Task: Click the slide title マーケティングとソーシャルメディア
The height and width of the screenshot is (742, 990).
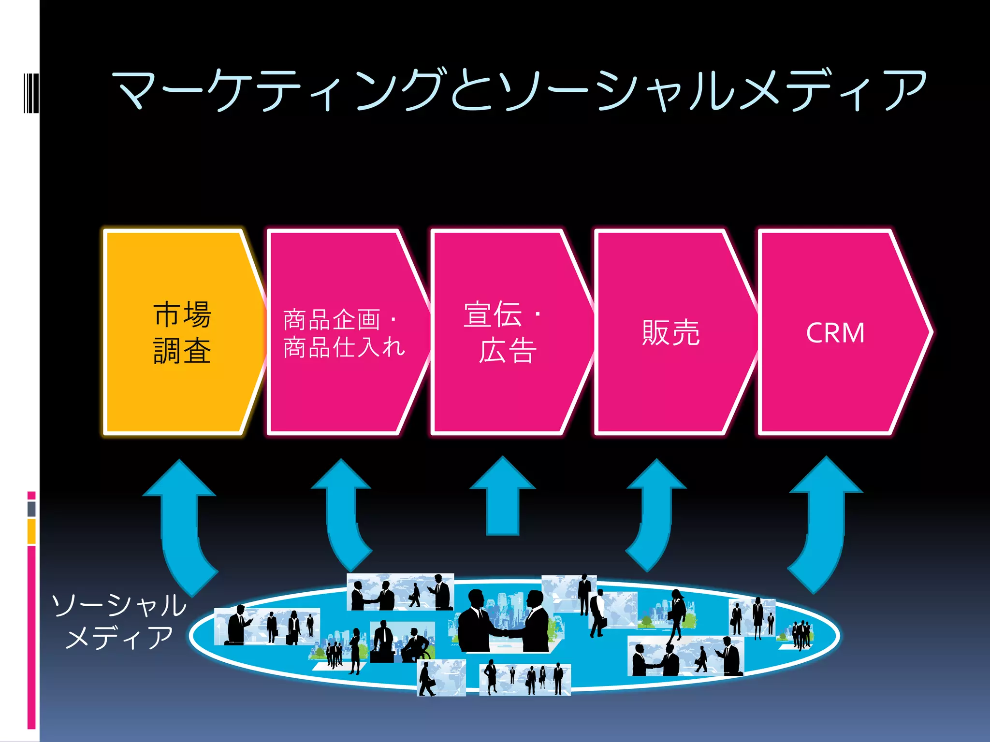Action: pos(520,90)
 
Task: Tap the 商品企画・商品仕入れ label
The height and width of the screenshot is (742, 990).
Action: pos(344,333)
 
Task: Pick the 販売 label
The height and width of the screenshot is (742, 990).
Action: pos(670,332)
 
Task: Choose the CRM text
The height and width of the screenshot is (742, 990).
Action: pos(835,333)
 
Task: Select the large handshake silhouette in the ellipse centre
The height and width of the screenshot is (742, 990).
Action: pos(503,623)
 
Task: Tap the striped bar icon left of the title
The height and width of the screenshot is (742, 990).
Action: pos(31,93)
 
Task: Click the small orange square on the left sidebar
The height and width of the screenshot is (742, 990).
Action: pos(31,531)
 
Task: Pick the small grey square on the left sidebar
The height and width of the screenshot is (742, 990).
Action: pos(31,509)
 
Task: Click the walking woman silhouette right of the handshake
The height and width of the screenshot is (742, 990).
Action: pos(677,616)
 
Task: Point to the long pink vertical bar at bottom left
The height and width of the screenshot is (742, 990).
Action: pos(31,638)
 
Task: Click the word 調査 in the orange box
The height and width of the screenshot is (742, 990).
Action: pos(182,351)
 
